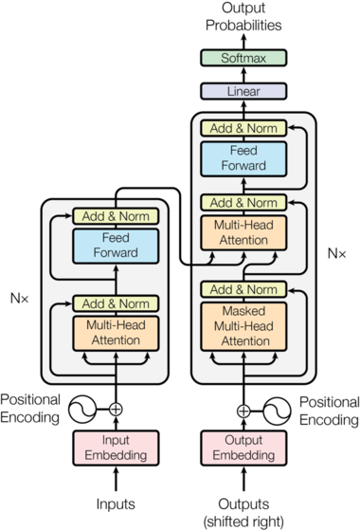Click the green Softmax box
point(243,58)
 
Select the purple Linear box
point(243,92)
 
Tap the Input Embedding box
point(116,448)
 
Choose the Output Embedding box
point(243,448)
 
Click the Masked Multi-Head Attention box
point(243,325)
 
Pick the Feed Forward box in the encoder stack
point(116,246)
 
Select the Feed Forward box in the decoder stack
point(243,158)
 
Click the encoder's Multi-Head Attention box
point(116,333)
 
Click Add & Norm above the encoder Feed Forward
point(116,216)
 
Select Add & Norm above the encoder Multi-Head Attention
point(116,303)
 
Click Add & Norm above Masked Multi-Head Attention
point(243,289)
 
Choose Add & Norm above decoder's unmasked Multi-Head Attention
point(243,203)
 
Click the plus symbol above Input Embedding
point(116,410)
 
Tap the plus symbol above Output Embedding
point(243,411)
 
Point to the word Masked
point(243,310)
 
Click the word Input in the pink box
point(116,441)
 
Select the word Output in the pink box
point(243,441)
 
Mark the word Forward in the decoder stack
point(243,166)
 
